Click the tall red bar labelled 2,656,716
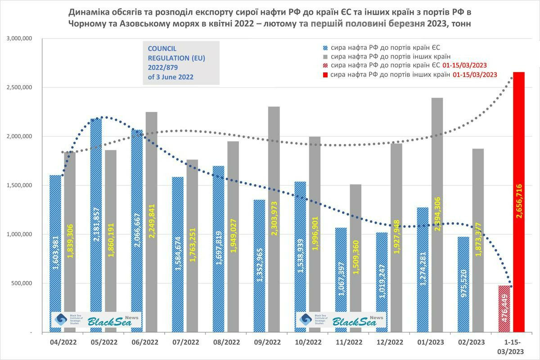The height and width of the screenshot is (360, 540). tap(519, 202)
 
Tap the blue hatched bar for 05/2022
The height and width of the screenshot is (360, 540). tap(96, 225)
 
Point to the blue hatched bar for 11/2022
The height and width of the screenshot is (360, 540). tap(341, 270)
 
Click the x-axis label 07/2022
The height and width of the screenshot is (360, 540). tap(185, 342)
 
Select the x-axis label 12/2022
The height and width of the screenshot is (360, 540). tap(390, 342)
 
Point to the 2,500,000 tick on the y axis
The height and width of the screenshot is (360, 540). tap(19, 87)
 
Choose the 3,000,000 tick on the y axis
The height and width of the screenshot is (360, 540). tap(19, 39)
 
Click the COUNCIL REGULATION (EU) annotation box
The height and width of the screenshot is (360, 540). tap(180, 63)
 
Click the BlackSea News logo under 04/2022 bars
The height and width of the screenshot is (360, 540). tap(96, 320)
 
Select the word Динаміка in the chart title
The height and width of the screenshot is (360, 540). tap(89, 11)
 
